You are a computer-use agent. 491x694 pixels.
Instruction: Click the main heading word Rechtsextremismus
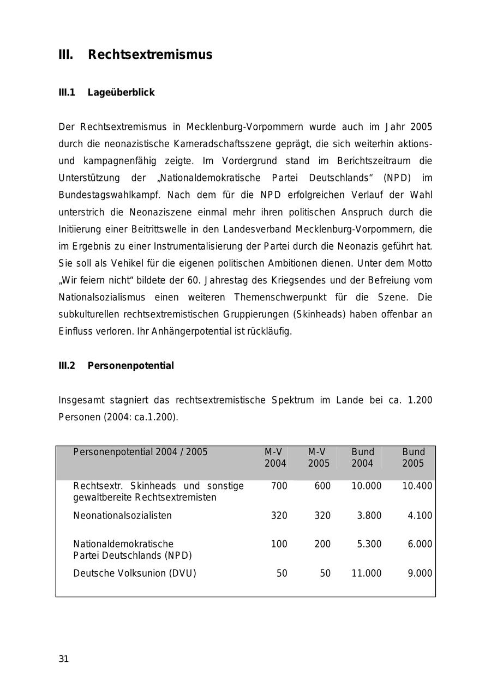tap(150, 55)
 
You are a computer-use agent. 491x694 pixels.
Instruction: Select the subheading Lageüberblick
tap(121, 93)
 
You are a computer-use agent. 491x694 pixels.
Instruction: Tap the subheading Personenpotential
tap(130, 366)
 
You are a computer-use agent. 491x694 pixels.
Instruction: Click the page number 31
tap(64, 659)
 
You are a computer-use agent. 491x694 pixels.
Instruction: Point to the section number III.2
tap(67, 366)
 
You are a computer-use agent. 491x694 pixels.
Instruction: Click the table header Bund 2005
tap(413, 457)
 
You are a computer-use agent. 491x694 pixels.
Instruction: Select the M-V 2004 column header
tap(275, 457)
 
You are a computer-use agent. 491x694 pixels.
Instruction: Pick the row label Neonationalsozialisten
tap(122, 516)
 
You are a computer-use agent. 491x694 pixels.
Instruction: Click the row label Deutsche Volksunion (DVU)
tap(135, 574)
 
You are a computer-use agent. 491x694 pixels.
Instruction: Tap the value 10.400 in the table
tap(417, 486)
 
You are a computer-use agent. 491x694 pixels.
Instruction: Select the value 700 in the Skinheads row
tap(279, 486)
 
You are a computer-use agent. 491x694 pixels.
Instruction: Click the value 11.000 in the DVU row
tap(366, 574)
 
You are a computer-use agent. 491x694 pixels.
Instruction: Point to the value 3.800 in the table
tap(369, 516)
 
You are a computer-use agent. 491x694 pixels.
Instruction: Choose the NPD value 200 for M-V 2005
tap(322, 544)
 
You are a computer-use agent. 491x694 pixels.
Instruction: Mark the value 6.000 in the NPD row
tap(420, 544)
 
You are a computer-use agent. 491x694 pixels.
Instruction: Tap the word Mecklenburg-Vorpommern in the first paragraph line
tap(244, 127)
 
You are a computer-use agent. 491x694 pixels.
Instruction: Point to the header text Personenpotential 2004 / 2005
tap(140, 452)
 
